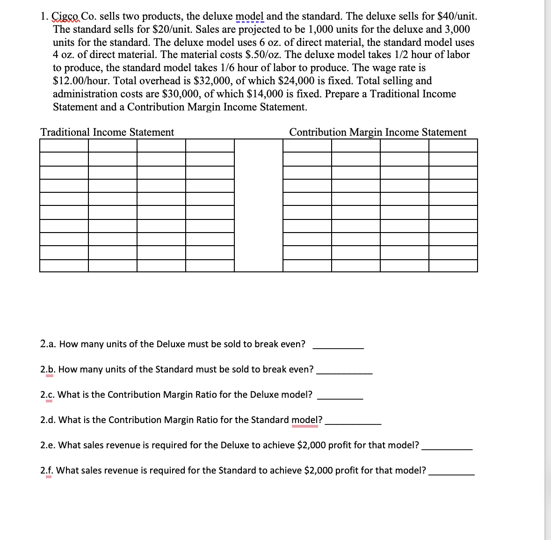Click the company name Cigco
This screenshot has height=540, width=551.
coord(65,16)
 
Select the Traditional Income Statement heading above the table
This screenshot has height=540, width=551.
coord(107,132)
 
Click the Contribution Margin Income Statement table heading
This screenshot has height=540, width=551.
coord(377,132)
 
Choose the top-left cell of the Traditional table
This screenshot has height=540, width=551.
coord(64,146)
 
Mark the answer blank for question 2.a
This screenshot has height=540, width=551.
coord(338,348)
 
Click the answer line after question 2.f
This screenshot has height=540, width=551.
coord(451,474)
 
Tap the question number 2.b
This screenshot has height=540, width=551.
coord(48,370)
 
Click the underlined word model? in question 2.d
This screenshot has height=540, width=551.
coord(306,420)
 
